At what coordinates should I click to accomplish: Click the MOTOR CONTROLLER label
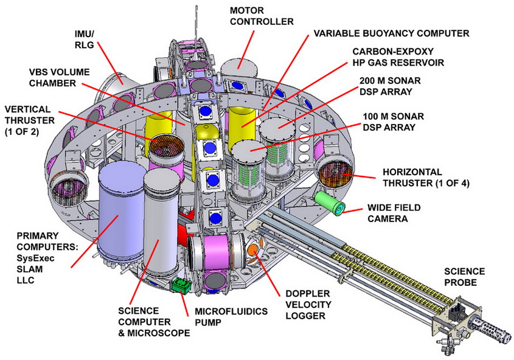click(262, 16)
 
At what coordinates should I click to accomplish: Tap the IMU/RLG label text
click(85, 39)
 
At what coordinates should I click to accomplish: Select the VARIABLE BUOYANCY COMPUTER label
click(391, 33)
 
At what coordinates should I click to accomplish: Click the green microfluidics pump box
click(181, 286)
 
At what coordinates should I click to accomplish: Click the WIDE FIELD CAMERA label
click(394, 213)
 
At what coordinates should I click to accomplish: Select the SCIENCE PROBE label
click(464, 277)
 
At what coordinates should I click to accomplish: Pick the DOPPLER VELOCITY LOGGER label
click(308, 305)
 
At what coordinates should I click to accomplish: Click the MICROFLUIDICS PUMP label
click(231, 317)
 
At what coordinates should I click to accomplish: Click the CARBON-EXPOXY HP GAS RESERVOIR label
click(398, 57)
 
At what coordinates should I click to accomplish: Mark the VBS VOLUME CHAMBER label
click(59, 78)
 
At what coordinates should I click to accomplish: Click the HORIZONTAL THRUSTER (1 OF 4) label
click(426, 178)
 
